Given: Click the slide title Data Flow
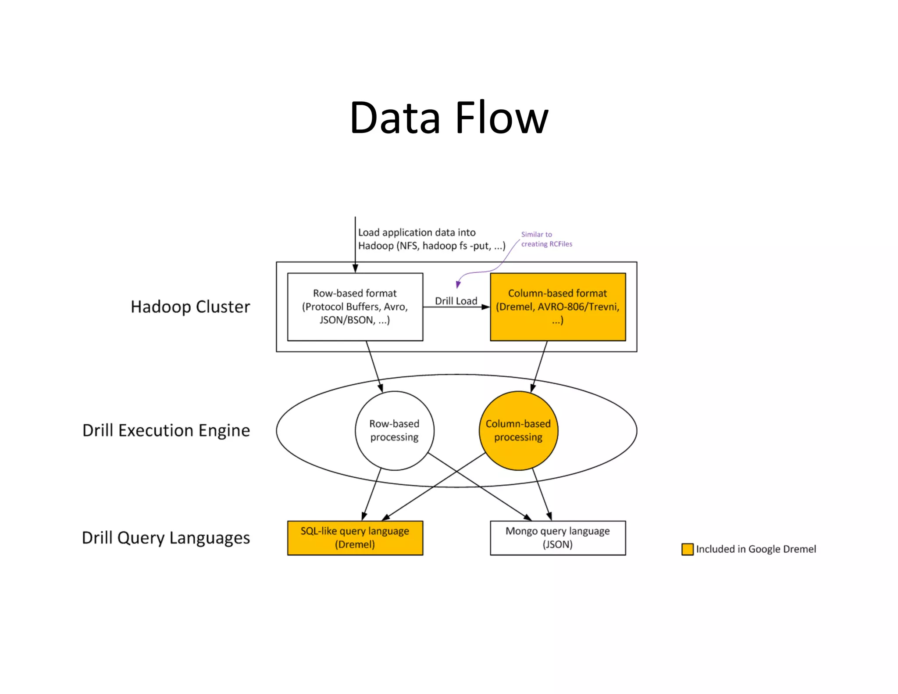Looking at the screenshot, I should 449,118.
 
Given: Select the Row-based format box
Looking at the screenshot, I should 355,307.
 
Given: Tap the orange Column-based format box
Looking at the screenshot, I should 557,307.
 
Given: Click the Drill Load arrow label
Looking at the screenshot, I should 456,301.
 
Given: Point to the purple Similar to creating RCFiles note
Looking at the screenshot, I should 546,239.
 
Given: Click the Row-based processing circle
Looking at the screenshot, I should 394,430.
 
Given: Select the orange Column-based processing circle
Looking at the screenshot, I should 518,430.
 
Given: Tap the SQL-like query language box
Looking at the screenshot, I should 355,538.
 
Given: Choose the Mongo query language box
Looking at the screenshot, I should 557,538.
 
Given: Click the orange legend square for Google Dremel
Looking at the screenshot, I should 687,549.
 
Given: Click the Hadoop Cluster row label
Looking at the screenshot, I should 190,307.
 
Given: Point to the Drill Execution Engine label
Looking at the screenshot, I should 166,430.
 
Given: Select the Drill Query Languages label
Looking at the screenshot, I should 166,538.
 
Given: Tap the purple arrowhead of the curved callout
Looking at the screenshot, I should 458,285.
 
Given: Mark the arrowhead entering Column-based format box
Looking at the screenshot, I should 486,307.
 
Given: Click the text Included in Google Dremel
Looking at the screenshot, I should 755,549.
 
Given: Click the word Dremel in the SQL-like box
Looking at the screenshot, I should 355,545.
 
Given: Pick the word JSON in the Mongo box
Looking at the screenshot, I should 557,545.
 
